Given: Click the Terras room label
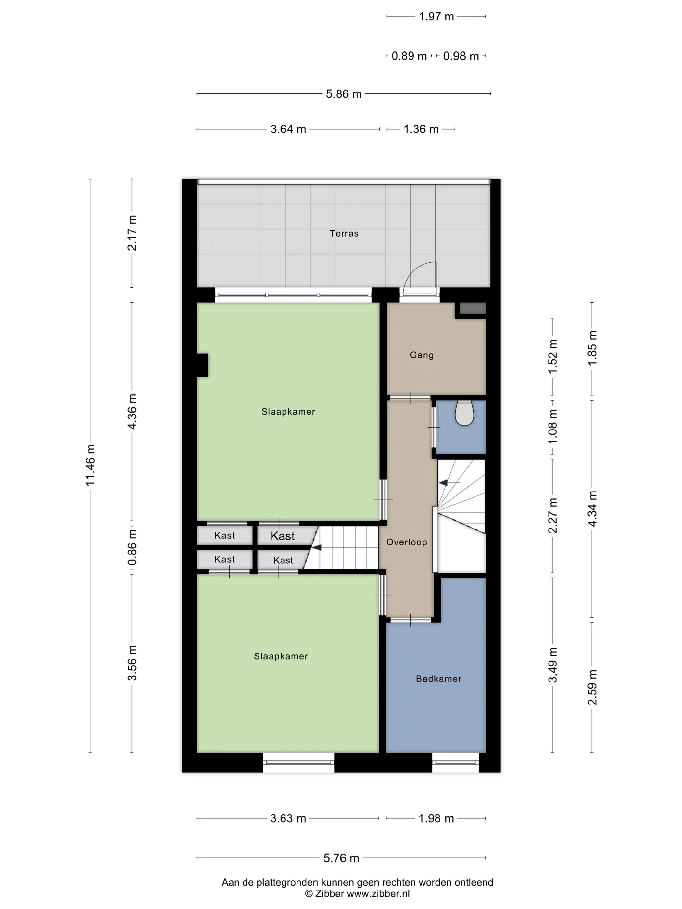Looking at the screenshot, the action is click(x=344, y=233).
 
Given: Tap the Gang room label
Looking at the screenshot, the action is click(x=421, y=355).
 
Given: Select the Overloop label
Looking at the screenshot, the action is click(x=407, y=542).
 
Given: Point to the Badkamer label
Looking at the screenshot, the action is click(x=438, y=679).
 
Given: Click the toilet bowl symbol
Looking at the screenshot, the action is click(x=464, y=413).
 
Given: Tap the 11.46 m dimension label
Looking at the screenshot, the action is click(x=90, y=465).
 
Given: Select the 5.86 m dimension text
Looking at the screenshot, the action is click(x=344, y=94).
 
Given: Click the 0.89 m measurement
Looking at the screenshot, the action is click(x=409, y=56).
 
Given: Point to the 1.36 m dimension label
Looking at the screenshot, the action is click(x=421, y=129).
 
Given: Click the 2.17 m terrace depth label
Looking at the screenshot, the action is click(x=132, y=232).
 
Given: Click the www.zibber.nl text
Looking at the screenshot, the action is click(x=378, y=893).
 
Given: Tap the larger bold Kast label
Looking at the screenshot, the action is click(x=283, y=536).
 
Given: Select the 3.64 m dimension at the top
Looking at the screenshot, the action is click(x=288, y=129).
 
